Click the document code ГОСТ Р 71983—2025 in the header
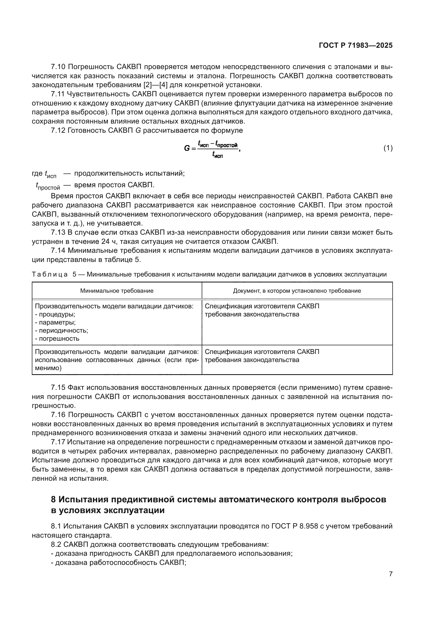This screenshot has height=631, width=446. [x=356, y=46]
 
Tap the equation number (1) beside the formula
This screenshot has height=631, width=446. [x=388, y=148]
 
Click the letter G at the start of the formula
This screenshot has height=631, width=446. [x=187, y=149]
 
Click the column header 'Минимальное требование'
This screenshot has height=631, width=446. [x=117, y=291]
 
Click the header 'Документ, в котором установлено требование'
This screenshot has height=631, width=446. [x=297, y=291]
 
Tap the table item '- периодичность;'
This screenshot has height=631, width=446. [x=61, y=330]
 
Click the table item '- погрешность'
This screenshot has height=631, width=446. [x=57, y=339]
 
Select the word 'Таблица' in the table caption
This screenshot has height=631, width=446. [x=50, y=274]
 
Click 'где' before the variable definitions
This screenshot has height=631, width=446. [x=37, y=173]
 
